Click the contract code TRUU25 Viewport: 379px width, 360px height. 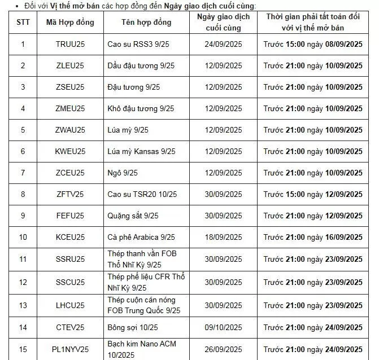point(71,44)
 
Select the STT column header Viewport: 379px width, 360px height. point(23,23)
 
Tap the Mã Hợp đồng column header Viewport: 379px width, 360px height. point(71,23)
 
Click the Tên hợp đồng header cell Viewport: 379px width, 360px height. point(146,23)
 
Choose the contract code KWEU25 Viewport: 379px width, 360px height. point(71,151)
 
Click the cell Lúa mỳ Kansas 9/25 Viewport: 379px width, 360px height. point(141,151)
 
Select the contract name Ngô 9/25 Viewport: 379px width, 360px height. point(123,173)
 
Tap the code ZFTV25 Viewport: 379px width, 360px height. point(71,194)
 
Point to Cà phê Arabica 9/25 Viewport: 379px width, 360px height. point(141,237)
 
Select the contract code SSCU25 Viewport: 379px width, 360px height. point(71,282)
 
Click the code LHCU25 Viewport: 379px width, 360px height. point(71,305)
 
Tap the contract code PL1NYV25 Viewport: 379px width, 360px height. point(71,349)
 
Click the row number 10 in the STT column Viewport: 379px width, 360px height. point(23,237)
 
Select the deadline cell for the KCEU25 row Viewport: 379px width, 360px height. point(313,237)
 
